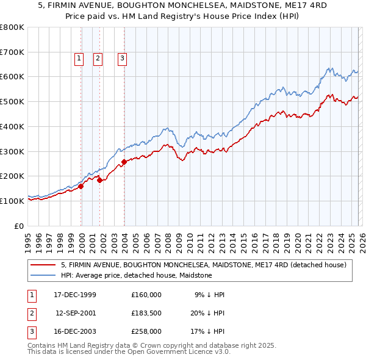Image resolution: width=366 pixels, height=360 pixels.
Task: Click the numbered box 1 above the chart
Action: coord(79,59)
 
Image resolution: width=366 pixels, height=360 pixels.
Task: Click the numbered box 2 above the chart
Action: coord(98,59)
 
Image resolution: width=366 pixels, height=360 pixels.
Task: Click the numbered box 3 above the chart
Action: coord(122,59)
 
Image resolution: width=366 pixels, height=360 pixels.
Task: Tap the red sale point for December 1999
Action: coord(81,186)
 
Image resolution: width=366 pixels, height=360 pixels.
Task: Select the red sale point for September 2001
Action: coord(100,180)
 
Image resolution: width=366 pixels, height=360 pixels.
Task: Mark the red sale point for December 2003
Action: coord(124,162)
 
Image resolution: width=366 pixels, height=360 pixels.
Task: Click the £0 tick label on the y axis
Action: coord(20,226)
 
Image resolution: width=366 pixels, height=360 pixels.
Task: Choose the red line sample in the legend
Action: coord(44,265)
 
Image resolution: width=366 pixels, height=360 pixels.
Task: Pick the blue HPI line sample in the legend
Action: coord(44,275)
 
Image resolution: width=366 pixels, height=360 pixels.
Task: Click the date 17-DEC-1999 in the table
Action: coord(74,295)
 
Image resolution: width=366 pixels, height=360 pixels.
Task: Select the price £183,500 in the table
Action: coord(146,313)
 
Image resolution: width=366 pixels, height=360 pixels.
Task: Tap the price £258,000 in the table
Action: coord(146,331)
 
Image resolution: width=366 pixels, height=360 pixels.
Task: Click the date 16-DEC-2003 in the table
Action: coord(74,331)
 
